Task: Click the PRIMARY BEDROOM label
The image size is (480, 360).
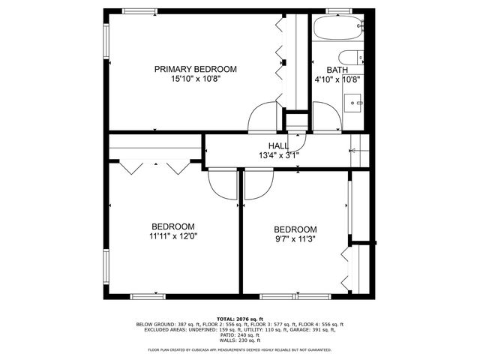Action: pyautogui.click(x=195, y=69)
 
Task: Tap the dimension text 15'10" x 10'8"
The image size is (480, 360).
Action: pyautogui.click(x=195, y=79)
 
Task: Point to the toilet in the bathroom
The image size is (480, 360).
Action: pyautogui.click(x=350, y=58)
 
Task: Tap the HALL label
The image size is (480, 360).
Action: pyautogui.click(x=278, y=146)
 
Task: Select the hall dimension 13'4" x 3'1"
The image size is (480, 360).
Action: pyautogui.click(x=278, y=156)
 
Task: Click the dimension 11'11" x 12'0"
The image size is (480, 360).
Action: pyautogui.click(x=173, y=236)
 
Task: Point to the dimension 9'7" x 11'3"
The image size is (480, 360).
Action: pyautogui.click(x=295, y=239)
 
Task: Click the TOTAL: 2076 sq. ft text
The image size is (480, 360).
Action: pyautogui.click(x=239, y=319)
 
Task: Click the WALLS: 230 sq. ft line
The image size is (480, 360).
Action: pyautogui.click(x=240, y=342)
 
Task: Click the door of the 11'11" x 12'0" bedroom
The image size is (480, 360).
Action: pyautogui.click(x=222, y=185)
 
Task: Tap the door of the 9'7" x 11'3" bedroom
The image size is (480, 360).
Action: pyautogui.click(x=258, y=185)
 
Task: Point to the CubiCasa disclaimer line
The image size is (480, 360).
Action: pyautogui.click(x=240, y=350)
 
